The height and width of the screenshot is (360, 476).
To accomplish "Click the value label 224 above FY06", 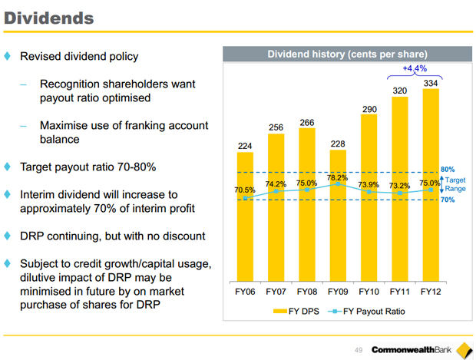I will (245, 145).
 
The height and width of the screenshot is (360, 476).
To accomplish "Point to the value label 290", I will (369, 110).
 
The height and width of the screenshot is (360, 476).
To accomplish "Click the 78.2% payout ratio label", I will (338, 177).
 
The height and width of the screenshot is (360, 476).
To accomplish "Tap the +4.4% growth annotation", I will (415, 68).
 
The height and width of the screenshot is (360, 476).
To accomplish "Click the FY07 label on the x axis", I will (276, 292).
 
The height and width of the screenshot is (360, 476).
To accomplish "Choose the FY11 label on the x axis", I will (400, 292).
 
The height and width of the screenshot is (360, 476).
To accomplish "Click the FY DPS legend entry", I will (296, 312).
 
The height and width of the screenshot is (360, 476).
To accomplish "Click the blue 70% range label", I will (448, 200).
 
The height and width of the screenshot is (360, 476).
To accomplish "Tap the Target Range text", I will (456, 184).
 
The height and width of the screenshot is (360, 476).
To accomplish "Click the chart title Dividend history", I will (346, 54).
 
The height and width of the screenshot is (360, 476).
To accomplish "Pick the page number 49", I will (359, 350).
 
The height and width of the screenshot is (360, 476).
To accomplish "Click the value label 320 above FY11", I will (400, 91).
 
